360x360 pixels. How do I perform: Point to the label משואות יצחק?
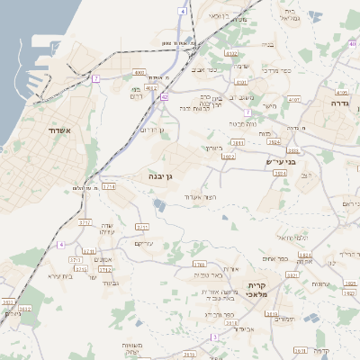click(x=145, y=349)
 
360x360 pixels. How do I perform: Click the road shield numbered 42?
click(x=164, y=96)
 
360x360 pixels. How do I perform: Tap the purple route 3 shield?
click(x=214, y=337)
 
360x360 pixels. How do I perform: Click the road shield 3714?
click(x=109, y=186)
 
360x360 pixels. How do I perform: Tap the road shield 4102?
click(x=341, y=92)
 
